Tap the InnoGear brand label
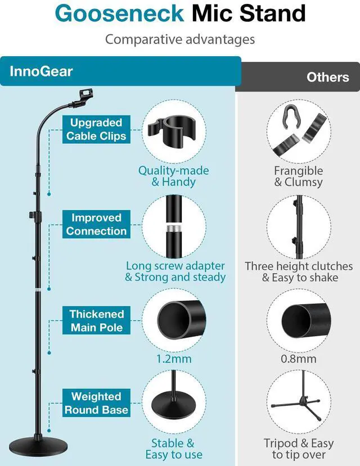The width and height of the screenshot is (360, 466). click(41, 72)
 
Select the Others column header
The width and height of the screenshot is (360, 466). click(327, 76)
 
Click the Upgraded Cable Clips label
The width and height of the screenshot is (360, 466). click(96, 129)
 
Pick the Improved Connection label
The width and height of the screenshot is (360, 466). click(96, 224)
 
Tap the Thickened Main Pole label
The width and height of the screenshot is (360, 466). click(96, 320)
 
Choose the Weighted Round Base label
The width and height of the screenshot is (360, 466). click(96, 402)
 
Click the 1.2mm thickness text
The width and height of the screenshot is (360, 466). click(174, 359)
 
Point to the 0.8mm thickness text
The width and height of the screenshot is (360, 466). click(298, 359)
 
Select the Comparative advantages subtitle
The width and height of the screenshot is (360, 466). click(180, 39)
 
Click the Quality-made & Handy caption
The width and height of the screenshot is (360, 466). click(174, 176)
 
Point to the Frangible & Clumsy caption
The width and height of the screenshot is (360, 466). click(298, 176)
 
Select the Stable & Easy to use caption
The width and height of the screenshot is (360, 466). click(174, 449)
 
